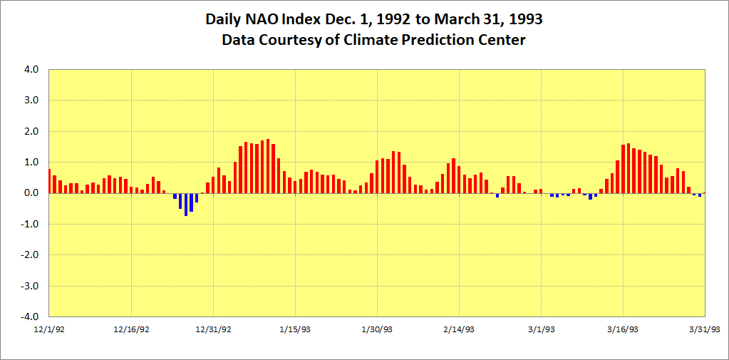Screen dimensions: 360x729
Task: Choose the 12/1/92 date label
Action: [49, 329]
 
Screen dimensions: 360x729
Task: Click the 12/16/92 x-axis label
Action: [131, 329]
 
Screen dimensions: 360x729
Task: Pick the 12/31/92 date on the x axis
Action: [213, 329]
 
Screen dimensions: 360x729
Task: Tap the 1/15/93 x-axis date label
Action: [295, 329]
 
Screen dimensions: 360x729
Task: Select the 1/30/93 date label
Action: [377, 329]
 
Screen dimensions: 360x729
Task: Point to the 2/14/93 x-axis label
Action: [459, 329]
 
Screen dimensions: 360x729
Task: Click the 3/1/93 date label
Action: [541, 329]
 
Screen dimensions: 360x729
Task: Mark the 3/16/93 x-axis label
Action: [623, 329]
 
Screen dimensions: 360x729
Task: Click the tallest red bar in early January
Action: [268, 166]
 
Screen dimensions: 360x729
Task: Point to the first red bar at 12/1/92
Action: [50, 181]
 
